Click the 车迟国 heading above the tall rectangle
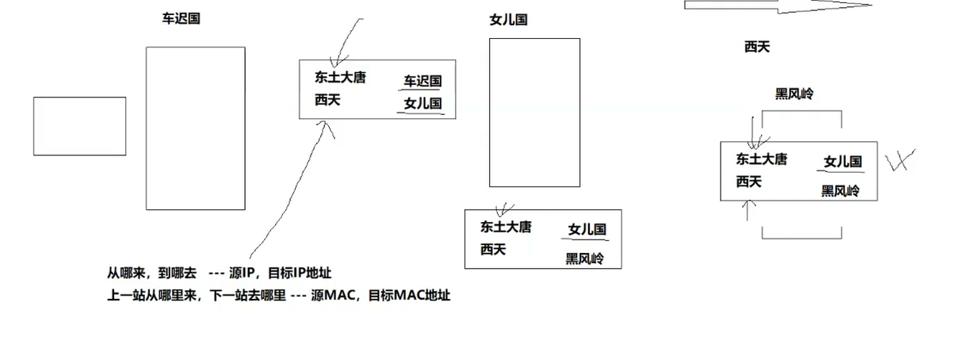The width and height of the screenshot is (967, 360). tap(181, 19)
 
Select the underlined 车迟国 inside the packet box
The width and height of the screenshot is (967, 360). tap(422, 81)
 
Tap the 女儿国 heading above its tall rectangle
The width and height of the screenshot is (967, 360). tap(508, 20)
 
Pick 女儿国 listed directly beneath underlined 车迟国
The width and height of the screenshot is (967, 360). tap(422, 103)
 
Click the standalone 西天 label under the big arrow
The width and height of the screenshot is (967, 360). tap(757, 47)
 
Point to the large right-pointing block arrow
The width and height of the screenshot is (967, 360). tap(777, 5)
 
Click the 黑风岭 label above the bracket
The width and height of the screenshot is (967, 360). tap(794, 94)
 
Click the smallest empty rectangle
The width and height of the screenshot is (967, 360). tap(79, 126)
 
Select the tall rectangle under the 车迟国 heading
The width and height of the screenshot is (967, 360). tap(195, 128)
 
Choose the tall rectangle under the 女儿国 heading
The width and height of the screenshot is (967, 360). tap(534, 113)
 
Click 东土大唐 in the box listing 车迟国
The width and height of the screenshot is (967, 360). tap(340, 78)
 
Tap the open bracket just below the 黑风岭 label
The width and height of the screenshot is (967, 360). tap(801, 118)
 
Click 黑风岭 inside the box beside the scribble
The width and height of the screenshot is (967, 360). tap(839, 191)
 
